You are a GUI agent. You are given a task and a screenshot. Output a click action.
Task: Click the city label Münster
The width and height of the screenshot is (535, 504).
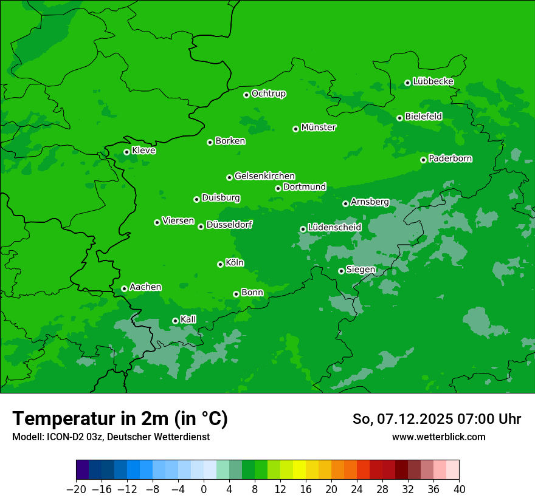coord(319,128)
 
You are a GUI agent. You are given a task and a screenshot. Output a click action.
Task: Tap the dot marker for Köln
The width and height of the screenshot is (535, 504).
coord(220,264)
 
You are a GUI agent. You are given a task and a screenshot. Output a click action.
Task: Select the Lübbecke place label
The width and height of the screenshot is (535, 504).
coord(433,81)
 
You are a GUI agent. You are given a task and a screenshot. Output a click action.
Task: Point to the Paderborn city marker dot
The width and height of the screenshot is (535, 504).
coord(423,160)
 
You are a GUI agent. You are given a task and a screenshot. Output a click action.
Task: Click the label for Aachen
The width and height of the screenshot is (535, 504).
coord(145,287)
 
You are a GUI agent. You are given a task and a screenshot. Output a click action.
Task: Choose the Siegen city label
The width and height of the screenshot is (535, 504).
coord(361,270)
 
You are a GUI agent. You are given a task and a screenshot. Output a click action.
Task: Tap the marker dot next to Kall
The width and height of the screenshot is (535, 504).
coord(175,321)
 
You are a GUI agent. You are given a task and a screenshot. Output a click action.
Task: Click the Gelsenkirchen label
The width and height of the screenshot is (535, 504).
coord(264,176)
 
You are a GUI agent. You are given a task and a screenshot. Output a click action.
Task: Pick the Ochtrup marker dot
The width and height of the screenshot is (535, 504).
coord(246,95)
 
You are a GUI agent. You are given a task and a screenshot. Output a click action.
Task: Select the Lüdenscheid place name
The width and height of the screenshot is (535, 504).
coord(334,228)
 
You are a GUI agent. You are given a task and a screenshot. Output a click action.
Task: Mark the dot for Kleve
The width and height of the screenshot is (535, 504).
coord(126,152)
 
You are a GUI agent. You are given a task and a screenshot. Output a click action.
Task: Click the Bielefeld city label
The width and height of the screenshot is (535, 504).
coord(423,116)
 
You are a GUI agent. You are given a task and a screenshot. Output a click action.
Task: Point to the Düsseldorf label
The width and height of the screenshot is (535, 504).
coord(229,225)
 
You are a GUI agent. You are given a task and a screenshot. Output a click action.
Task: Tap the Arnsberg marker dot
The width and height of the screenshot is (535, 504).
coord(345,203)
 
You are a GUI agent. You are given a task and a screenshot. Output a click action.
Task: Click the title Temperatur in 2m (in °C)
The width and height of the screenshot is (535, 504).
coord(120,418)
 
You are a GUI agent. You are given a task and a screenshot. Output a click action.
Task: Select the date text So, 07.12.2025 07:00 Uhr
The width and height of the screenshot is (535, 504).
coord(437,419)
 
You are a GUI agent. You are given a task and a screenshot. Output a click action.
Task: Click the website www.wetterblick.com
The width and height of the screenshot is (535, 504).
coord(438,437)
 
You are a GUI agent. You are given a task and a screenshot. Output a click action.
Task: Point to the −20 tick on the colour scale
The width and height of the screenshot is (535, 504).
coord(77,489)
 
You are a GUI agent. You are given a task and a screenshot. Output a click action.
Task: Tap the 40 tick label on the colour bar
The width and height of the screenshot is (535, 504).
coord(459,489)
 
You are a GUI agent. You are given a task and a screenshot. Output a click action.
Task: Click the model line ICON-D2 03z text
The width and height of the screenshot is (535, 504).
coord(111,437)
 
